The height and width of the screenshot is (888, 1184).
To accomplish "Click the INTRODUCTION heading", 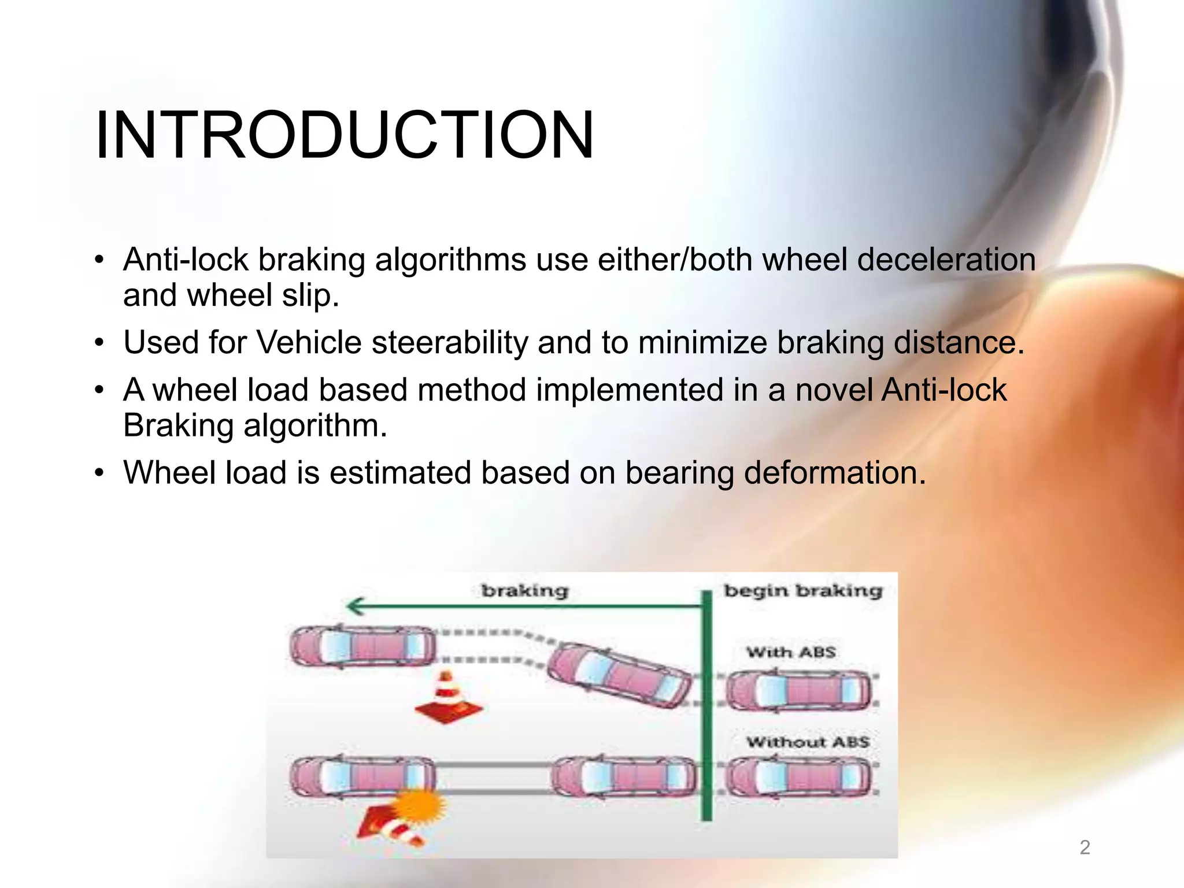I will pyautogui.click(x=345, y=136).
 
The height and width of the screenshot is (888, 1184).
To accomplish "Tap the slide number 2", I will pyautogui.click(x=1085, y=848).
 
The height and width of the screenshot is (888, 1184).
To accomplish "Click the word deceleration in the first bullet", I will pyautogui.click(x=946, y=260).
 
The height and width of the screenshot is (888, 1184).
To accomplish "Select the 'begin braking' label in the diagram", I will pyautogui.click(x=803, y=591).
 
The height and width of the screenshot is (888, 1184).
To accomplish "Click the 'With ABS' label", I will pyautogui.click(x=791, y=652).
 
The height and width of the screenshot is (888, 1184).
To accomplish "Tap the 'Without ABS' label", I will pyautogui.click(x=807, y=742).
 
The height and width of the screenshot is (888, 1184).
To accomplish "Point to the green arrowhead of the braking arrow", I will pyautogui.click(x=354, y=606).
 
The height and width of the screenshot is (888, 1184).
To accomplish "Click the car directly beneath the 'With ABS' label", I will pyautogui.click(x=798, y=691).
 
